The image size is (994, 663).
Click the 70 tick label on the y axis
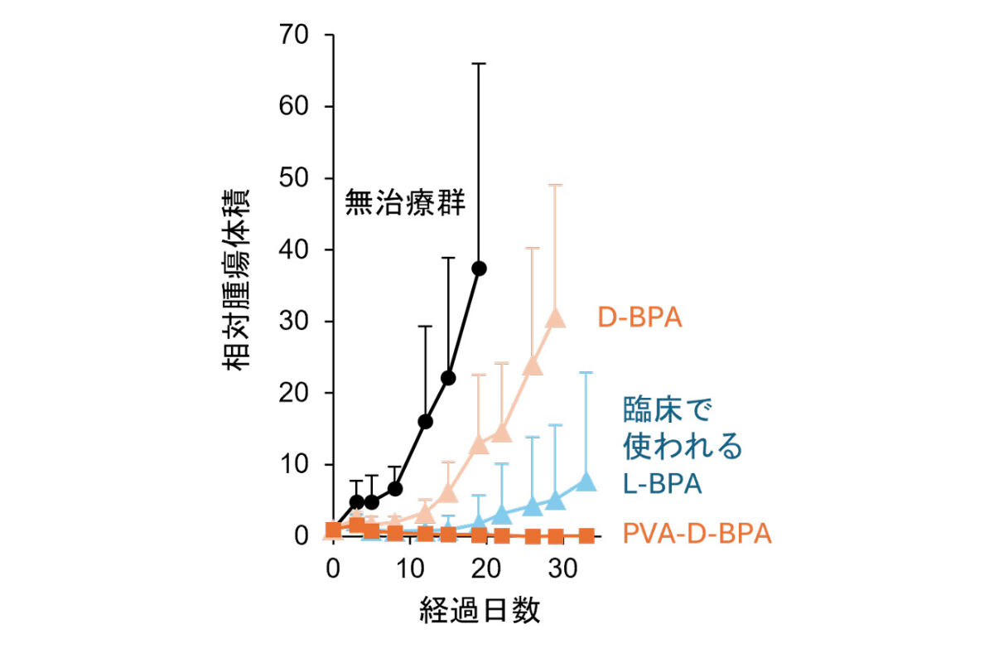tap(296, 36)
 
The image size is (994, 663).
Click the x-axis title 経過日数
tap(480, 611)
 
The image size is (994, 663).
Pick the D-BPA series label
tap(640, 317)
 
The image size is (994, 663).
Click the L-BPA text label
tap(663, 483)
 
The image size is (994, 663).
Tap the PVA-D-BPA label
tap(697, 534)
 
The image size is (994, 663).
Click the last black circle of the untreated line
tap(479, 269)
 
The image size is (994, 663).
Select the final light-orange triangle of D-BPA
tap(555, 317)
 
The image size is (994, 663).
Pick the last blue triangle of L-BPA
tap(586, 480)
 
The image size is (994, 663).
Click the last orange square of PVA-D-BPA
tap(586, 535)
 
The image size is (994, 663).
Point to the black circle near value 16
tap(426, 422)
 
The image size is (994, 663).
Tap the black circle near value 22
tap(449, 378)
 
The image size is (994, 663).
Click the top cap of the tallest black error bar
tap(479, 63)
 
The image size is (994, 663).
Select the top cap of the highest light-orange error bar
tap(555, 185)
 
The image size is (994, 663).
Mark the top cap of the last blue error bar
tap(586, 373)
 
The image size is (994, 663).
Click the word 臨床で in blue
tap(668, 409)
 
